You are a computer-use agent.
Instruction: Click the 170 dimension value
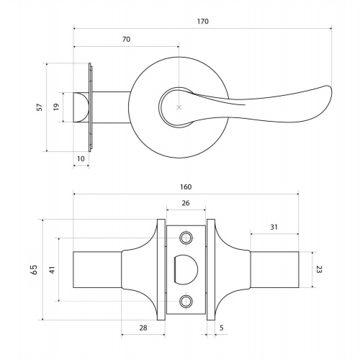pos(203,22)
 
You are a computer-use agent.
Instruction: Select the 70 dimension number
pos(126,39)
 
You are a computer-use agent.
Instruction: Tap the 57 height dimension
pos(40,107)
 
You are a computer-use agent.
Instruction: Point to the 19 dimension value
pos(56,107)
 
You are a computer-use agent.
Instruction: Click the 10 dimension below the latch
pos(81,158)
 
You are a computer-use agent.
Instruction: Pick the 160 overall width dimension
pos(186,187)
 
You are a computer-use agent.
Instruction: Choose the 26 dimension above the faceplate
pos(186,203)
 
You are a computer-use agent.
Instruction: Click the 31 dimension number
pos(274,227)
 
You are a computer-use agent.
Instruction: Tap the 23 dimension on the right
pos(319,269)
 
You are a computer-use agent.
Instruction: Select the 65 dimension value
pos(34,269)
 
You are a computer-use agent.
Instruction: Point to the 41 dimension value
pos(52,269)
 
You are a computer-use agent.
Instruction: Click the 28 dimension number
pos(143,328)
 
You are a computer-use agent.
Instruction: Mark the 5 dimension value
pos(222,328)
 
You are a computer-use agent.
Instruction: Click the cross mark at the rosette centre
pos(179,107)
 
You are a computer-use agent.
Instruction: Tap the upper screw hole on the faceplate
pos(186,238)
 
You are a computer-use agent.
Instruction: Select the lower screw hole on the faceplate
pos(186,301)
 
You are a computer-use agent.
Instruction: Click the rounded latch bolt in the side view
pos(81,107)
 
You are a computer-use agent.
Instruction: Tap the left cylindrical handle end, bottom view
pos(97,269)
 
